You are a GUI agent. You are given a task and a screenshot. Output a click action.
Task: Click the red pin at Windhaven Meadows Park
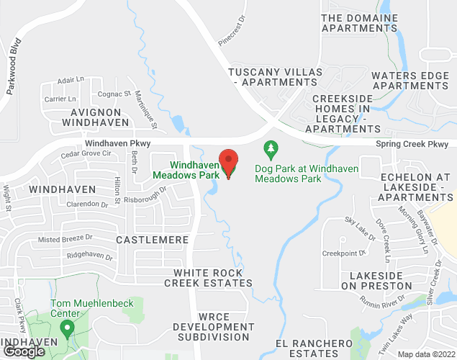pos(229,163)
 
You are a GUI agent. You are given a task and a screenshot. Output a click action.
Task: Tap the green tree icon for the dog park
pos(271,150)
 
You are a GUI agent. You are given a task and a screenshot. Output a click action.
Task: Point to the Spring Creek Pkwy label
pos(412,144)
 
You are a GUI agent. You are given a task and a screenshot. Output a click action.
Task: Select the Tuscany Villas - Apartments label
pos(268,77)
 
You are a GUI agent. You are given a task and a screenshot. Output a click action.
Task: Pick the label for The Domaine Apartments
pos(359,23)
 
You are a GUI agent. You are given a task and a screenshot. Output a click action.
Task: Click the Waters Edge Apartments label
pos(410,81)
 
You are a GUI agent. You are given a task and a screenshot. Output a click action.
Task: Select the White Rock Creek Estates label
pos(209,278)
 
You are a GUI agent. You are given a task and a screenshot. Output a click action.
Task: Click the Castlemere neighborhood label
pos(152,239)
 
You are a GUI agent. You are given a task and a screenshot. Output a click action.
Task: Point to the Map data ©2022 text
pos(425,354)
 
